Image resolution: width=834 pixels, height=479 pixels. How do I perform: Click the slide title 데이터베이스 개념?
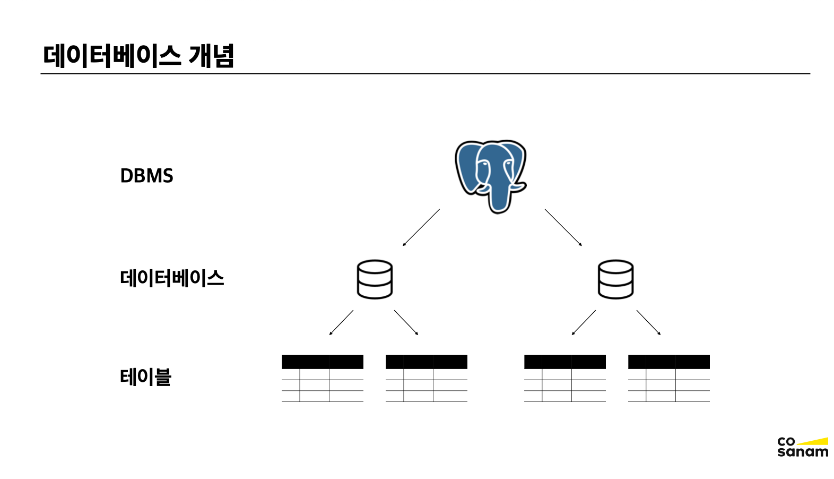coord(138,56)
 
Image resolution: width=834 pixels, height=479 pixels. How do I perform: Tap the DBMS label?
coord(146,176)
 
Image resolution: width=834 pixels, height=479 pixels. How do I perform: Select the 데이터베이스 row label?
coord(172,278)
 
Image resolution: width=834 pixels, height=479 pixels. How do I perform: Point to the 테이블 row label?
coord(145,377)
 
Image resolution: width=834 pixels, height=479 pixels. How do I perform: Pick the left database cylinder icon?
coord(375,279)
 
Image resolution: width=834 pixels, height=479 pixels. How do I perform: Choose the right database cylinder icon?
coord(615,279)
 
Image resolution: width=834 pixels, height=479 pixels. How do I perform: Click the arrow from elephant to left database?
coord(421,227)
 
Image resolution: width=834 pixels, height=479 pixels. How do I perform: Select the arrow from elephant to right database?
coord(563,227)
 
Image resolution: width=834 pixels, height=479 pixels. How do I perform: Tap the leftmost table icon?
coord(323,378)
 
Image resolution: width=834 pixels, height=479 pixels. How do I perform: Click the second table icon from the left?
coord(427,378)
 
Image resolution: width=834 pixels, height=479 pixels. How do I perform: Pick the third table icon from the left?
coord(565,378)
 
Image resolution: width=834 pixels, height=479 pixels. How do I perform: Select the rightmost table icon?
coord(669,378)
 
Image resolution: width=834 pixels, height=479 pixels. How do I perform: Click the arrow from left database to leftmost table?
coord(341,322)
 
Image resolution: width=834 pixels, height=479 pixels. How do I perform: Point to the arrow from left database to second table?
coord(406,322)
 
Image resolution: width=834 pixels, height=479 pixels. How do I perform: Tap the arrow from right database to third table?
coord(584,322)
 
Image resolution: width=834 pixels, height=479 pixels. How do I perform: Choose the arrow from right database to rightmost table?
coord(648,322)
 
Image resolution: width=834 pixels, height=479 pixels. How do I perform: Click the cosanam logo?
coord(802,447)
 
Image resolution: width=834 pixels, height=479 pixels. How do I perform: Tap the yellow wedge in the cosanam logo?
coord(817,441)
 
